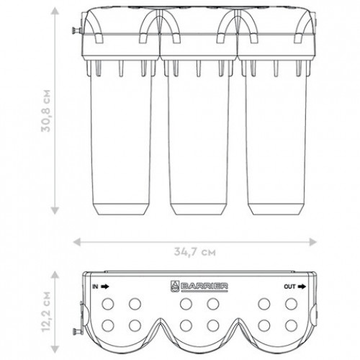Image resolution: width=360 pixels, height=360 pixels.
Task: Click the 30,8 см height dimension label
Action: [46, 111]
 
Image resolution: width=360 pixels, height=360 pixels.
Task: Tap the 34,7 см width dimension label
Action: [195, 252]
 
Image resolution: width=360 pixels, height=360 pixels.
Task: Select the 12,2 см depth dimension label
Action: [46, 312]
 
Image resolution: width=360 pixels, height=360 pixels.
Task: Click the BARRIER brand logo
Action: [199, 287]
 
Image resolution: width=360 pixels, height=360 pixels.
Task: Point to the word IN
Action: [95, 287]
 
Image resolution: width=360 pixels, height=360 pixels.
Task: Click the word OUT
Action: [289, 287]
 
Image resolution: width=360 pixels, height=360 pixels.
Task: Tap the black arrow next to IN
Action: [105, 287]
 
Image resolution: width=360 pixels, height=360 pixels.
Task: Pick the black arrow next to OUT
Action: [302, 287]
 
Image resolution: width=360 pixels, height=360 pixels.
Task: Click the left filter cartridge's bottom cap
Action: [121, 210]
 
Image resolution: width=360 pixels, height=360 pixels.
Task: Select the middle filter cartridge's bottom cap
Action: [198, 210]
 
